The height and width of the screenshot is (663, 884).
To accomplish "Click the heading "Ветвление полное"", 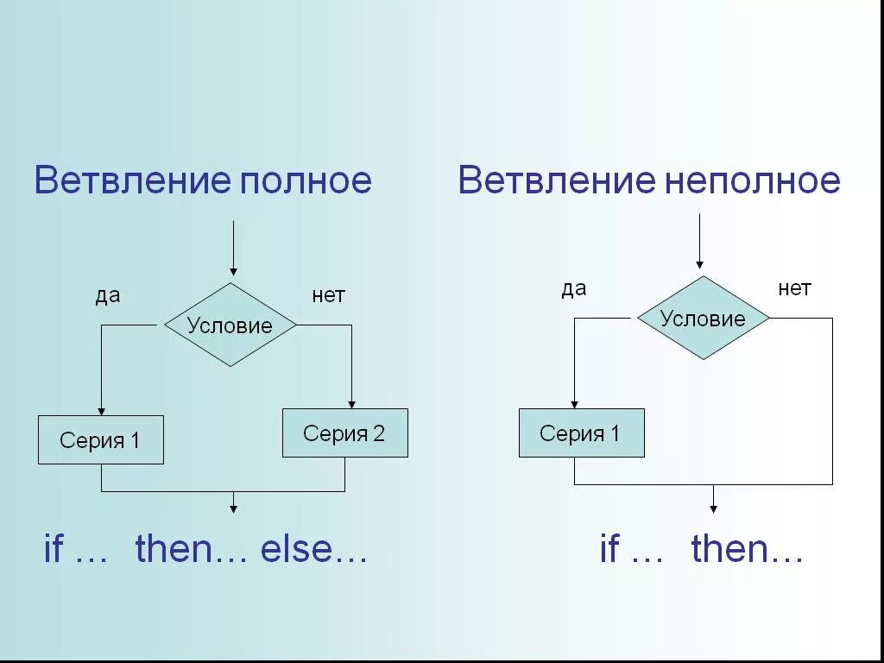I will click(203, 180).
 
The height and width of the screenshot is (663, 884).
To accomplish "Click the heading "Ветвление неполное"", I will click(648, 180).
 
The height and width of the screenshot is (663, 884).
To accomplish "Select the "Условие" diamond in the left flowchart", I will click(230, 325).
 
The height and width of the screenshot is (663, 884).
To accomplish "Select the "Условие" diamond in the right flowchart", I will click(703, 319).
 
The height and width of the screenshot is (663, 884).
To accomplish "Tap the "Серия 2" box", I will click(344, 433).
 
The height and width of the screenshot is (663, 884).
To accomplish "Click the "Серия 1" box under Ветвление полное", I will click(100, 440).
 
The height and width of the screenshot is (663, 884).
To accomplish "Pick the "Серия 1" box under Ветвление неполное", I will click(581, 433).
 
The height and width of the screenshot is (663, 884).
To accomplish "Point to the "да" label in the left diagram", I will click(108, 296).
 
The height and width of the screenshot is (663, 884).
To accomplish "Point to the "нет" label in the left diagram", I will click(328, 296).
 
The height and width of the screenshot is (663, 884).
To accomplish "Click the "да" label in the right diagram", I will click(574, 289).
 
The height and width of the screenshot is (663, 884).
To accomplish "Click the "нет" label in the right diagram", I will click(794, 289).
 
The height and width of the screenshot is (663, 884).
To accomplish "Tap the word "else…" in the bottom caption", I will click(314, 550).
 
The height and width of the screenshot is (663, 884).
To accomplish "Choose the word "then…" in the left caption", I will click(192, 550).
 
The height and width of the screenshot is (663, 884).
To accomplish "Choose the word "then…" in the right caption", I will click(748, 550).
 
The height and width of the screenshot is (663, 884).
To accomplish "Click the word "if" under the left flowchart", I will click(54, 550).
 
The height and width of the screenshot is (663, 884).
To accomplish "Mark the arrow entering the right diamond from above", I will click(699, 243).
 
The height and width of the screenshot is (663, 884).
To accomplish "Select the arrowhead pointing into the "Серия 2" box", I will click(351, 403).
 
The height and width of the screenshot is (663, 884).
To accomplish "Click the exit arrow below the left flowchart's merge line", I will click(233, 504).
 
